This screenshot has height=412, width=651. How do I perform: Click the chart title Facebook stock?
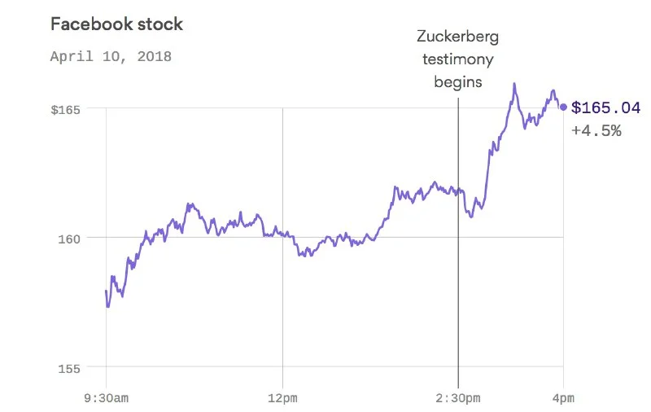[116, 24]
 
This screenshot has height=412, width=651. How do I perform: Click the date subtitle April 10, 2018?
[111, 57]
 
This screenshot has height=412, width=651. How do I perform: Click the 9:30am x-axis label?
[107, 398]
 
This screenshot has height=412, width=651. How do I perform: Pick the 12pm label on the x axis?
[282, 398]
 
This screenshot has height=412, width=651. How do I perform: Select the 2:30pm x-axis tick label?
[458, 398]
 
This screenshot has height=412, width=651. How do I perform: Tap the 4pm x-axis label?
[563, 398]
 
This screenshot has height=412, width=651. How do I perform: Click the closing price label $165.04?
[606, 107]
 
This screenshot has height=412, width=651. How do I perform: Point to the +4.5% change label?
[596, 130]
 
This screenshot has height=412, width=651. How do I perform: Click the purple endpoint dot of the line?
[563, 107]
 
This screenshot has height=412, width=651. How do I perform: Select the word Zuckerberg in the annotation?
[458, 37]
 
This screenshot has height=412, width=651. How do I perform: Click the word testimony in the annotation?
[458, 59]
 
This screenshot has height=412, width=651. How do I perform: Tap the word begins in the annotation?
[458, 81]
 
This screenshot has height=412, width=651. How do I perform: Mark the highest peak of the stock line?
[514, 83]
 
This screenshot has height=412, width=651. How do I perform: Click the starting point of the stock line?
[106, 291]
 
